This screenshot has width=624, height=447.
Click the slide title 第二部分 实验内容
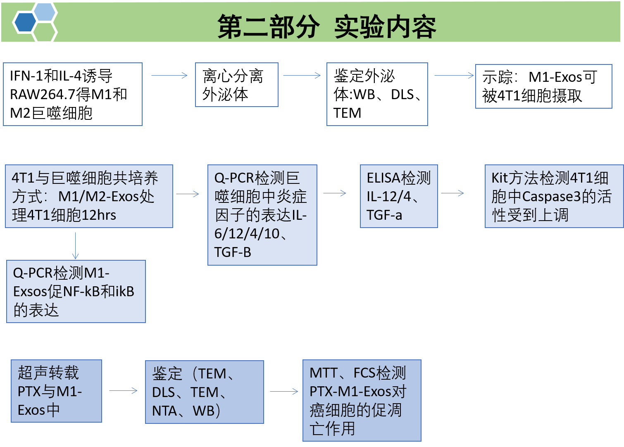326,27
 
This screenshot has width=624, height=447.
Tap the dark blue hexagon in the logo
24,23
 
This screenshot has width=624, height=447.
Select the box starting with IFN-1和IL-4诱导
73,94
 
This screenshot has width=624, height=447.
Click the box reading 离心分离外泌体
236,85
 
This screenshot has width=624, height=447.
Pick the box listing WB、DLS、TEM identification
377,94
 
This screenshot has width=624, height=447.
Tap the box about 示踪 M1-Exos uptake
543,86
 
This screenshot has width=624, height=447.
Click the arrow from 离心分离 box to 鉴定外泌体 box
302,76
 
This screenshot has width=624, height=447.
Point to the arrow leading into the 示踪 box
454,76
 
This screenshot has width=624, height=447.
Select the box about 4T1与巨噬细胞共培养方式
89,196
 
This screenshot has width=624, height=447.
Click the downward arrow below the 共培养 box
76,246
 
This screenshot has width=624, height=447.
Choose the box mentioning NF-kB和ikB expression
76,291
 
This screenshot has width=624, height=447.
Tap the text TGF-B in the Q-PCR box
233,252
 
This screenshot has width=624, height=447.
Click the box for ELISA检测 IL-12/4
399,196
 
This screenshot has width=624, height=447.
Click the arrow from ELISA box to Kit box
453,193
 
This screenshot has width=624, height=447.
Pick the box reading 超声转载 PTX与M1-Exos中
56,391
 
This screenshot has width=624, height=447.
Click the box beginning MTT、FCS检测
362,400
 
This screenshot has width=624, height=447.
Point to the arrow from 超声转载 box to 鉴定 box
123,391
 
